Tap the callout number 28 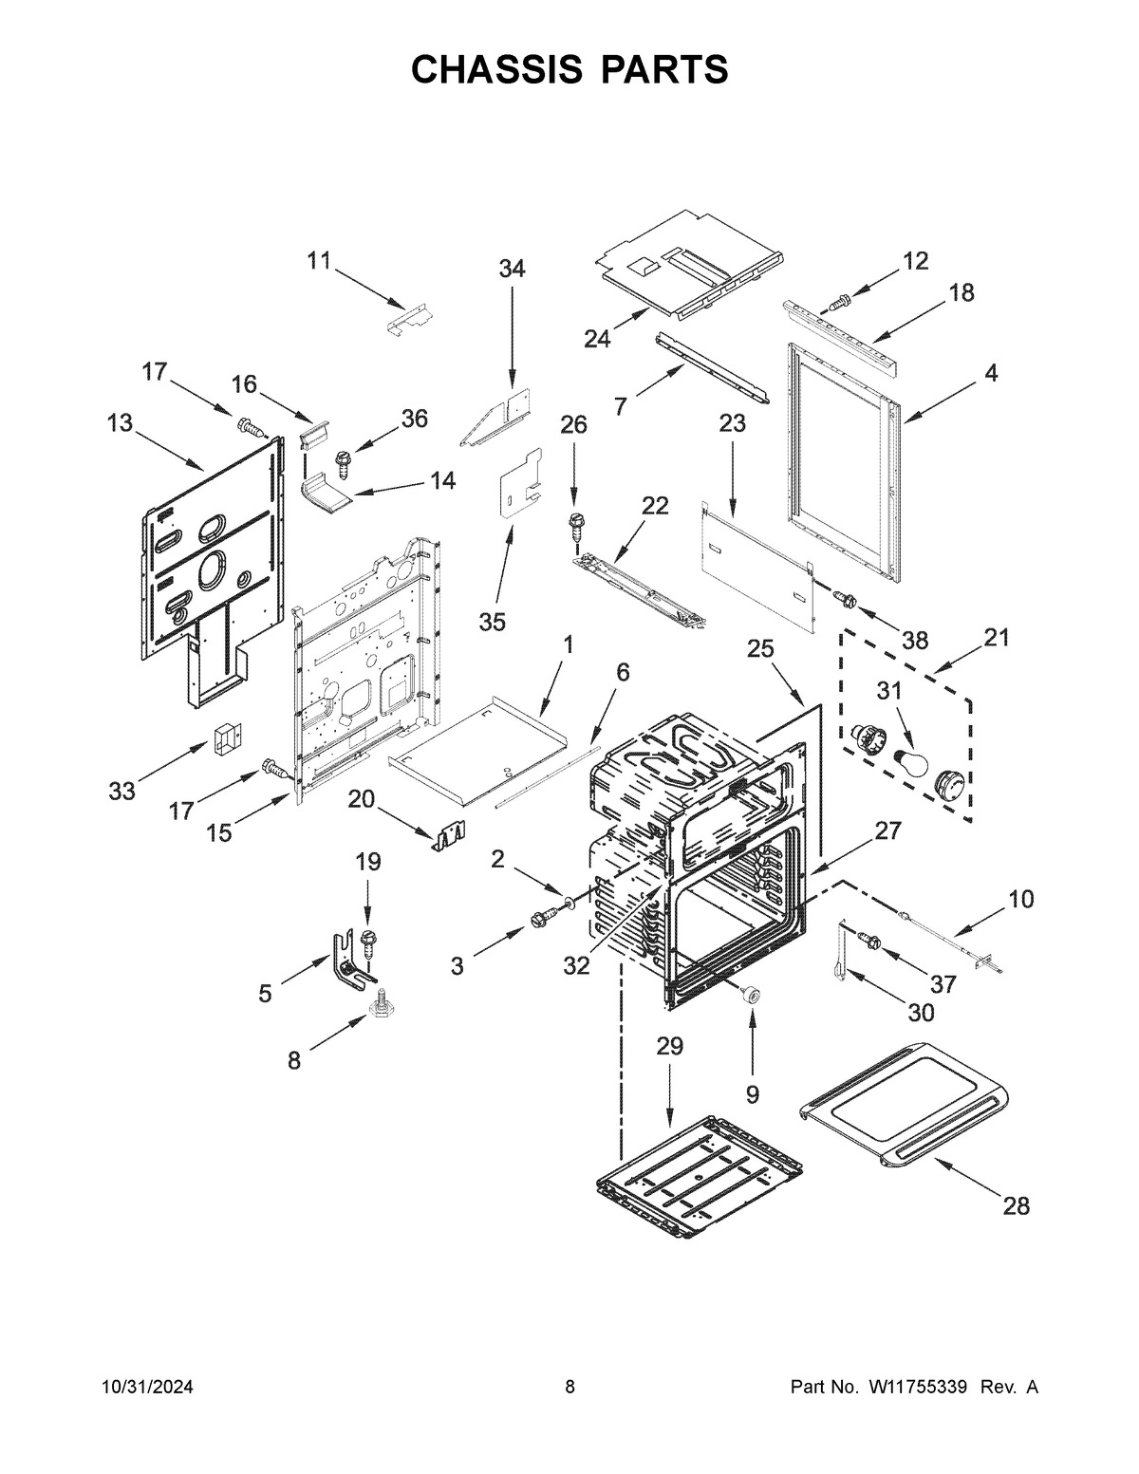(x=1016, y=1206)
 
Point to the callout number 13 (x=120, y=422)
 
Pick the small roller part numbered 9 (x=753, y=993)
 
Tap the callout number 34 (x=512, y=269)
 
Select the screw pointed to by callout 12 (x=837, y=303)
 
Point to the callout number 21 (x=997, y=637)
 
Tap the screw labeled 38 (x=845, y=599)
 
